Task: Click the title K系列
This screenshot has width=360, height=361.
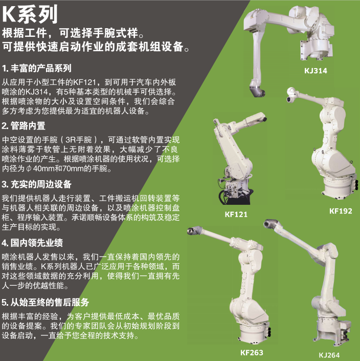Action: click(30, 14)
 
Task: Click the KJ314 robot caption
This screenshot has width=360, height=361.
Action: click(316, 71)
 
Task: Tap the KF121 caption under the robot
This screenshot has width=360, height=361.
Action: click(236, 215)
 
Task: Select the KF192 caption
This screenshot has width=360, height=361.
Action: click(341, 211)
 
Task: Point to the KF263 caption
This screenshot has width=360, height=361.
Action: click(252, 352)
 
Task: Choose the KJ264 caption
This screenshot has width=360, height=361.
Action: click(329, 355)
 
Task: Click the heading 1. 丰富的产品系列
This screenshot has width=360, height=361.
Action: click(36, 69)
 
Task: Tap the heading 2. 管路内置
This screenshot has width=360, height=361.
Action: click(24, 126)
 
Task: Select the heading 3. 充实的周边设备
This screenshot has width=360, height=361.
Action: click(36, 184)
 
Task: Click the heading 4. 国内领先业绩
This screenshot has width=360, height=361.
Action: click(32, 243)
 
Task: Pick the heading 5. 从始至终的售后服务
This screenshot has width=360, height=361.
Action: click(46, 302)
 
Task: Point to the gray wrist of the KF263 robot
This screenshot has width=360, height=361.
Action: click(194, 230)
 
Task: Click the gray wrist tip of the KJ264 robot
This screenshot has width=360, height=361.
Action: click(271, 223)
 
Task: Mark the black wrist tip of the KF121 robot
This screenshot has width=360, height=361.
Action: click(264, 119)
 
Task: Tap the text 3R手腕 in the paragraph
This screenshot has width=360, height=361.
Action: click(78, 140)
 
